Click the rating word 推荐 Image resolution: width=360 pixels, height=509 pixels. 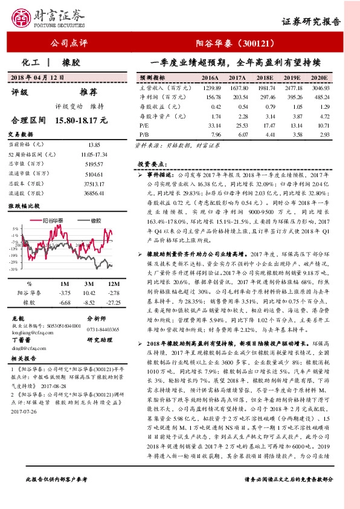tap(88, 92)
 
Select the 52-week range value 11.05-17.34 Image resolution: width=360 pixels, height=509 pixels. tap(92, 155)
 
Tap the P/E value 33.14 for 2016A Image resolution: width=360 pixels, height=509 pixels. tap(211, 125)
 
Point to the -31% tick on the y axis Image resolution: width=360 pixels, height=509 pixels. tap(14, 270)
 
